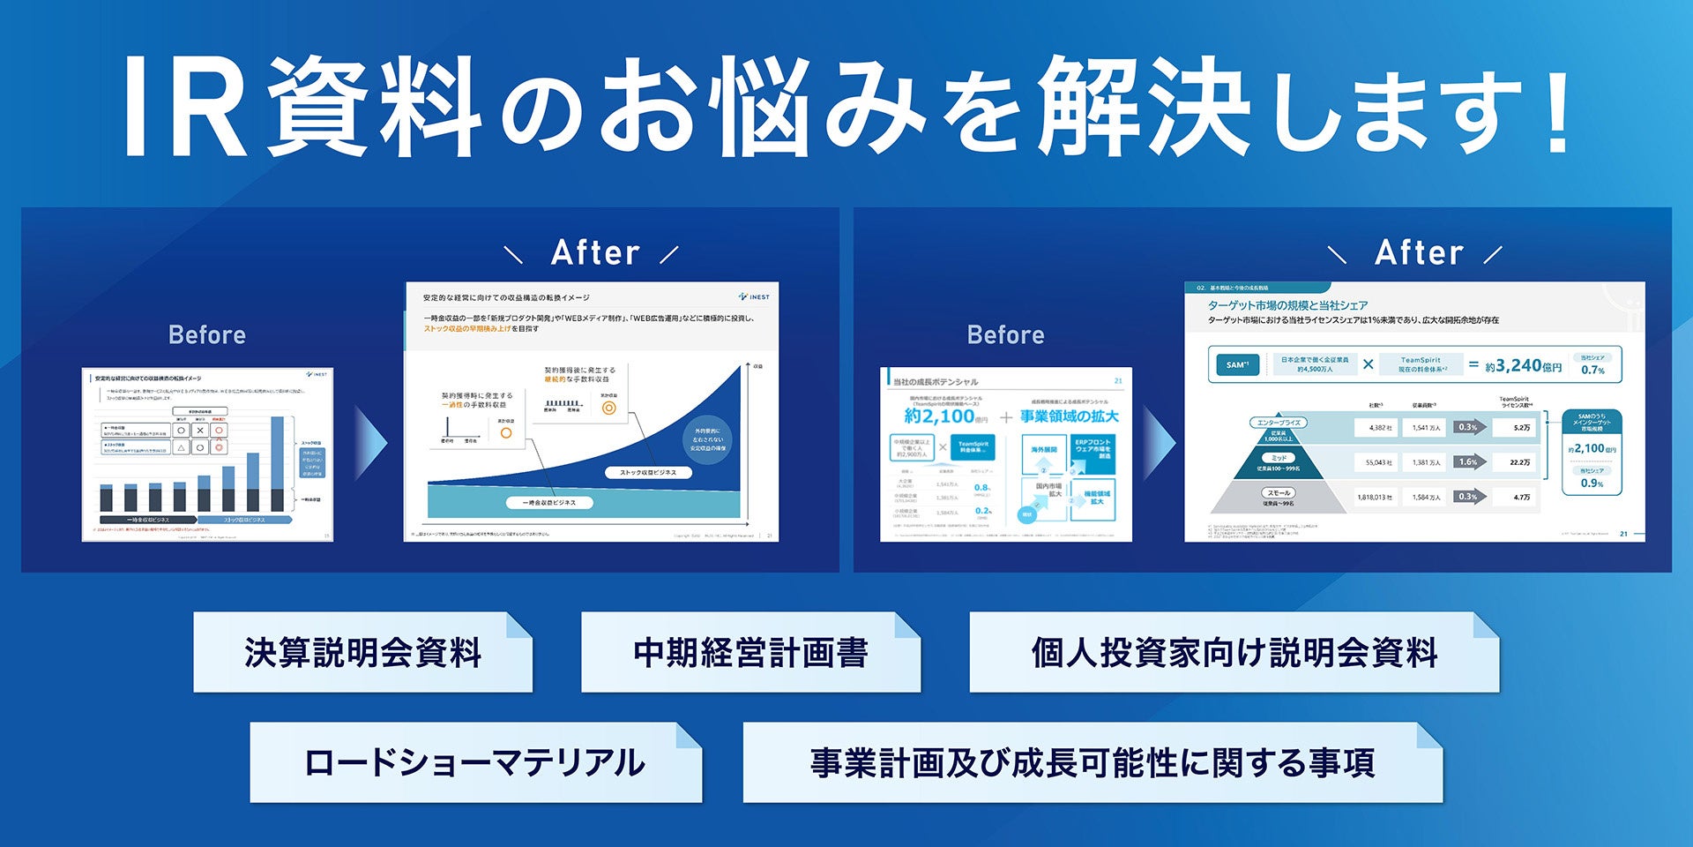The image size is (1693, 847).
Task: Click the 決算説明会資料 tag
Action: point(362,653)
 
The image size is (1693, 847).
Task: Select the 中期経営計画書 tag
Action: point(750,653)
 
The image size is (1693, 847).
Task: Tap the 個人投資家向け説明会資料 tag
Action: point(1234,653)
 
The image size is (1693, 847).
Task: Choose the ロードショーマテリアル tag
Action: point(475,763)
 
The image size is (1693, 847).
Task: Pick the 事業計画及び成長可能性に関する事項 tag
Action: point(1093,763)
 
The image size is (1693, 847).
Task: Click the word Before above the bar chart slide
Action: point(207,335)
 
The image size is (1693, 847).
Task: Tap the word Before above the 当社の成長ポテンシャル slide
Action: point(1005,335)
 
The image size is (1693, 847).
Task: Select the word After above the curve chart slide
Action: point(595,253)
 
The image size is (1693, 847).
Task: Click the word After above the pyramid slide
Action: point(1419,253)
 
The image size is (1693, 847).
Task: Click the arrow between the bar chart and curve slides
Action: point(370,443)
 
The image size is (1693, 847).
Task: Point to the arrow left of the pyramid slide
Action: point(1159,443)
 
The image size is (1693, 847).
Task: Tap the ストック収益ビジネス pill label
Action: point(648,473)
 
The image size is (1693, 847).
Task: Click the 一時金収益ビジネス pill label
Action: point(549,503)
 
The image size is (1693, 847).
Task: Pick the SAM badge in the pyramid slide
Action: point(1237,364)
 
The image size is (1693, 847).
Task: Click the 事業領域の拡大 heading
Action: point(1069,416)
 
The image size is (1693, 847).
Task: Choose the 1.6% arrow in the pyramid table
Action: point(1470,461)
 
